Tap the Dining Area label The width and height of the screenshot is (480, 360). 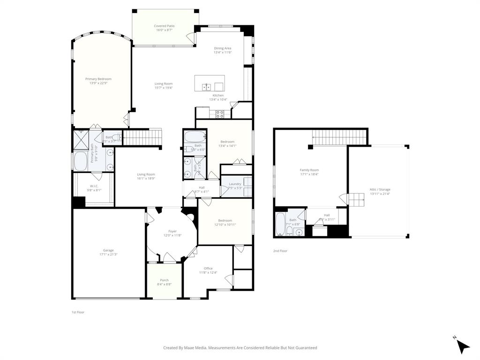point(222,48)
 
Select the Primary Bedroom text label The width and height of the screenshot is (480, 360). point(98,79)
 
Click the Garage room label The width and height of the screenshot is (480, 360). point(108,250)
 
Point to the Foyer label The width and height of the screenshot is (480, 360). point(172,231)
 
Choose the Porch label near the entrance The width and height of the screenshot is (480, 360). point(164,280)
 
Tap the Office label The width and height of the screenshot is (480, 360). point(208,269)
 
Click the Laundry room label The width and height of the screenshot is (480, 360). point(235,184)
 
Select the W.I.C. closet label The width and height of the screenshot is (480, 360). point(94,186)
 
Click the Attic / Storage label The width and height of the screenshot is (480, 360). point(380,189)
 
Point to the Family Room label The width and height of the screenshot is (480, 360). point(309,170)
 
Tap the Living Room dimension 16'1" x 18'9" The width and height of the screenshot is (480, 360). point(146,178)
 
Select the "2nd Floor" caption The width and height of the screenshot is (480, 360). point(280,251)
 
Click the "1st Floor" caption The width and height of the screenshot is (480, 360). point(78,312)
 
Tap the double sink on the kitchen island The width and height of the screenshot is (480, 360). point(206,87)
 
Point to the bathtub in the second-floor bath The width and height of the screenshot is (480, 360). point(280,224)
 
